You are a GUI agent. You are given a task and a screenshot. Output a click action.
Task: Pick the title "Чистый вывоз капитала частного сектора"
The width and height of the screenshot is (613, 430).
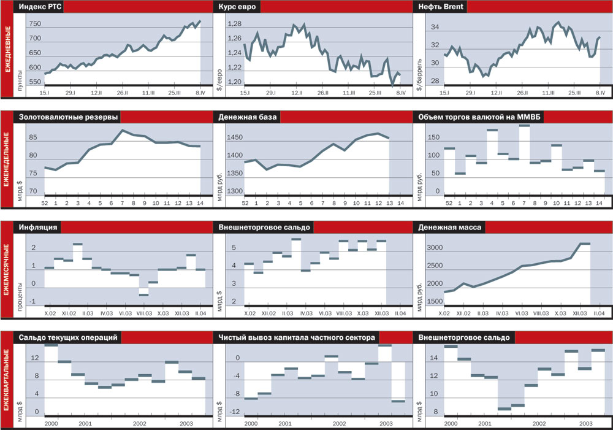[x=297, y=337]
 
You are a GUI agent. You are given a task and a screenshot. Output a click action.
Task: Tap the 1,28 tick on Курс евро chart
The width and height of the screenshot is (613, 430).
[x=235, y=24]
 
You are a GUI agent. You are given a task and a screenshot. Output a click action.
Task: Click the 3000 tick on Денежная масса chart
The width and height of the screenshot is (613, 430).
[x=434, y=248]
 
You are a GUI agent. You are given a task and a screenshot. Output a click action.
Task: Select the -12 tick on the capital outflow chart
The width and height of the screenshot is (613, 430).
[x=234, y=412]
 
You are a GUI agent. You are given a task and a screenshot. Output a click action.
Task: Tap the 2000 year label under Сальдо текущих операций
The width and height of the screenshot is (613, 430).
[x=51, y=424]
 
